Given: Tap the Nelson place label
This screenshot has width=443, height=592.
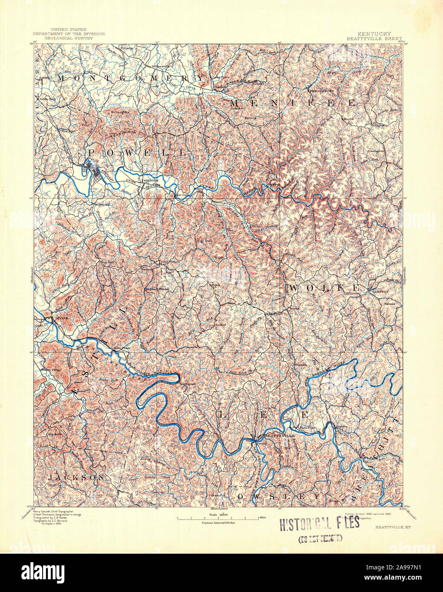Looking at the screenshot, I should click(x=390, y=304).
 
